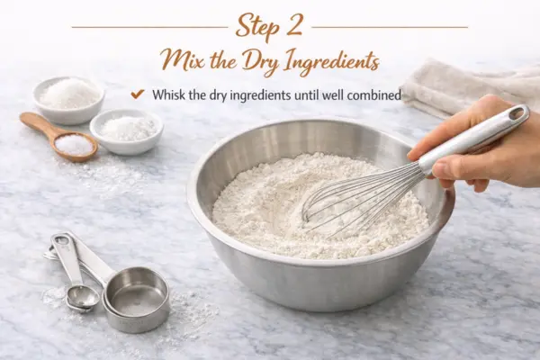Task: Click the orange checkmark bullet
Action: pos(138,94)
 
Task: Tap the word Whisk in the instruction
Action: pos(169,94)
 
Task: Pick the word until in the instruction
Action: pos(305,94)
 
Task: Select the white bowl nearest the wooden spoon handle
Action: pos(69,99)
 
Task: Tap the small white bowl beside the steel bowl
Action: pos(126,131)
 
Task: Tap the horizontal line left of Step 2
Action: pos(149,27)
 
